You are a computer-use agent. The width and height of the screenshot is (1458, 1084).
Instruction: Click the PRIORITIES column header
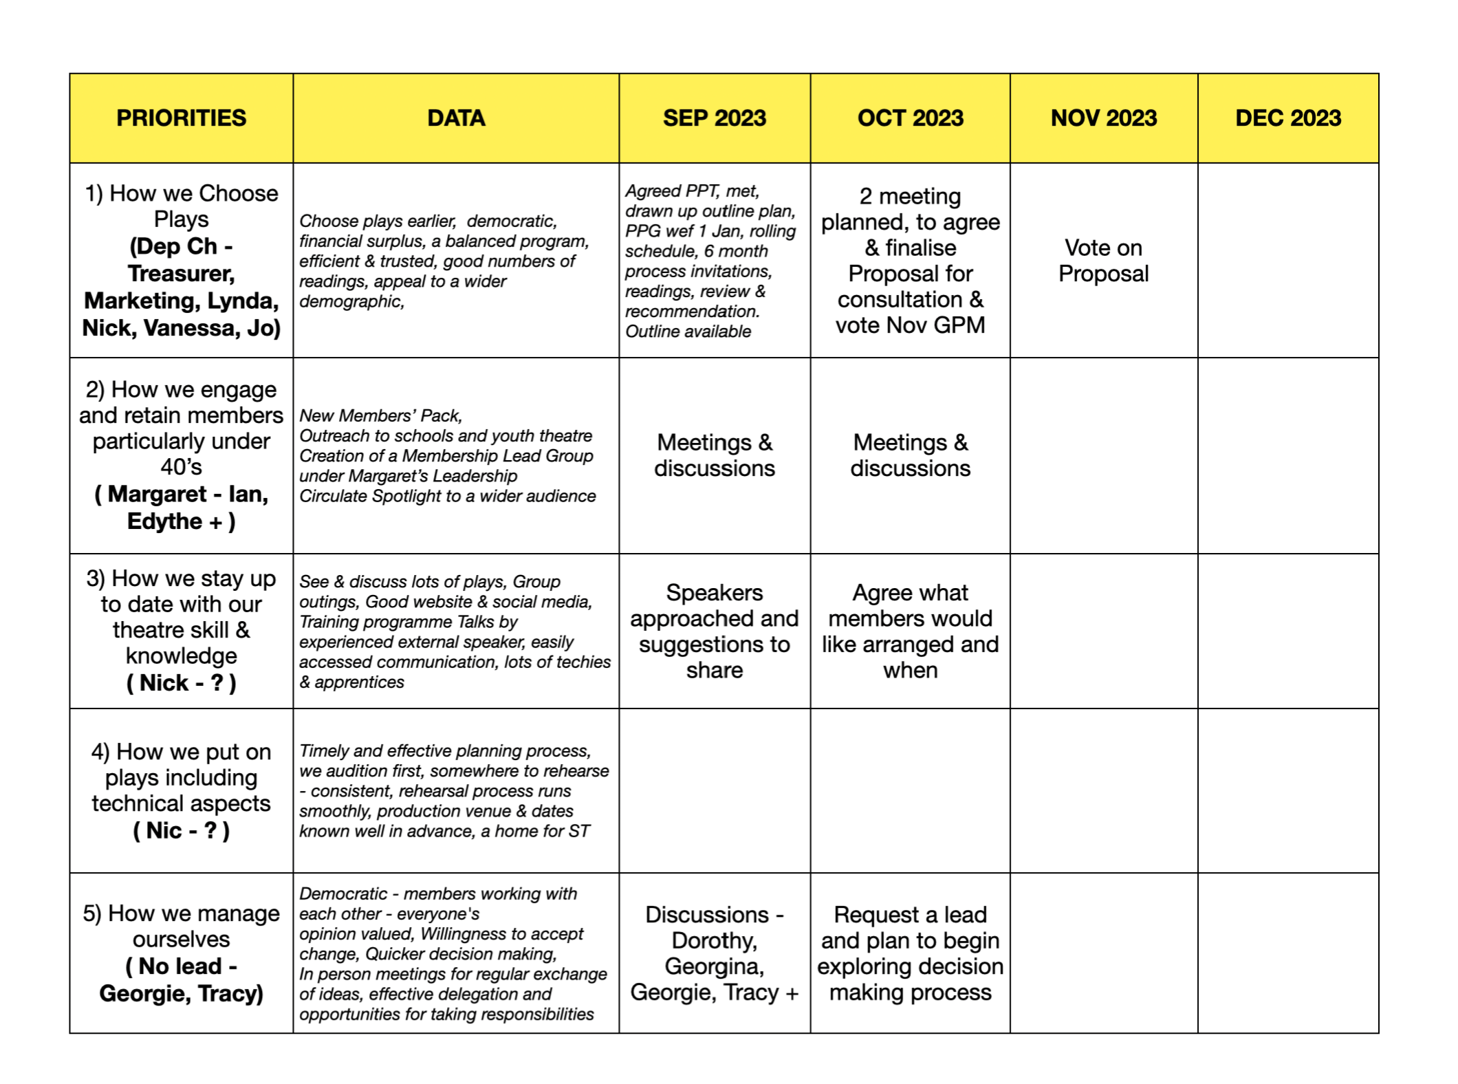point(181,118)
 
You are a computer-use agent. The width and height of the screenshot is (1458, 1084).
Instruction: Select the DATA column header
point(456,118)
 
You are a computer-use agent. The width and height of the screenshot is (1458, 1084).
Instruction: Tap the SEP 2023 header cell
point(714,118)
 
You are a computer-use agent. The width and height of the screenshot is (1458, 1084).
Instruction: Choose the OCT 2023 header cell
point(910,118)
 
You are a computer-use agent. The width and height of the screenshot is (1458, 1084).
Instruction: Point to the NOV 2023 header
point(1103,118)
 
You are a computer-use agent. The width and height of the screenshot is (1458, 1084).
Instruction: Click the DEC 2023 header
point(1287,118)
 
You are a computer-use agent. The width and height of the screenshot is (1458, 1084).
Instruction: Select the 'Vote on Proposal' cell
point(1103,261)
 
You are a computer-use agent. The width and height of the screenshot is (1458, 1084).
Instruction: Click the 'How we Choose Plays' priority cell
point(181,261)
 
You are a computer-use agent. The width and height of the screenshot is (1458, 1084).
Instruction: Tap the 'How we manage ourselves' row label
point(181,953)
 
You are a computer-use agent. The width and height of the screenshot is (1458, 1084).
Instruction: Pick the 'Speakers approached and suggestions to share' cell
point(714,631)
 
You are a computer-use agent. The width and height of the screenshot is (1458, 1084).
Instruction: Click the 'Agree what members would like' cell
point(910,631)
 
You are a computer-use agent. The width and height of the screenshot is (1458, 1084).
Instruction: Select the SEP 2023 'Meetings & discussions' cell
point(714,455)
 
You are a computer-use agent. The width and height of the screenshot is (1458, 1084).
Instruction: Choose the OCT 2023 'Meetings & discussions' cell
point(910,455)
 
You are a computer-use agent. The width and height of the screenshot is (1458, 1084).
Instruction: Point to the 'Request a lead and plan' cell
point(910,953)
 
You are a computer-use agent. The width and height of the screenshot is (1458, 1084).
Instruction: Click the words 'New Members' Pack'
point(380,415)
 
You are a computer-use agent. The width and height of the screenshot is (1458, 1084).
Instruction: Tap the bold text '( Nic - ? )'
point(181,830)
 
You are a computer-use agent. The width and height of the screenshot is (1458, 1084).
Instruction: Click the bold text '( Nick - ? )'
point(181,683)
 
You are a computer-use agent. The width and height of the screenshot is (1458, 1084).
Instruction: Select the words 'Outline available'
point(688,332)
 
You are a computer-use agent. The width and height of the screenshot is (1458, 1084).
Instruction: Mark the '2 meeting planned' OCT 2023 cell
point(910,261)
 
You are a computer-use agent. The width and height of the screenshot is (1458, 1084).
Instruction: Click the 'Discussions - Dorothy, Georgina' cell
point(714,953)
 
